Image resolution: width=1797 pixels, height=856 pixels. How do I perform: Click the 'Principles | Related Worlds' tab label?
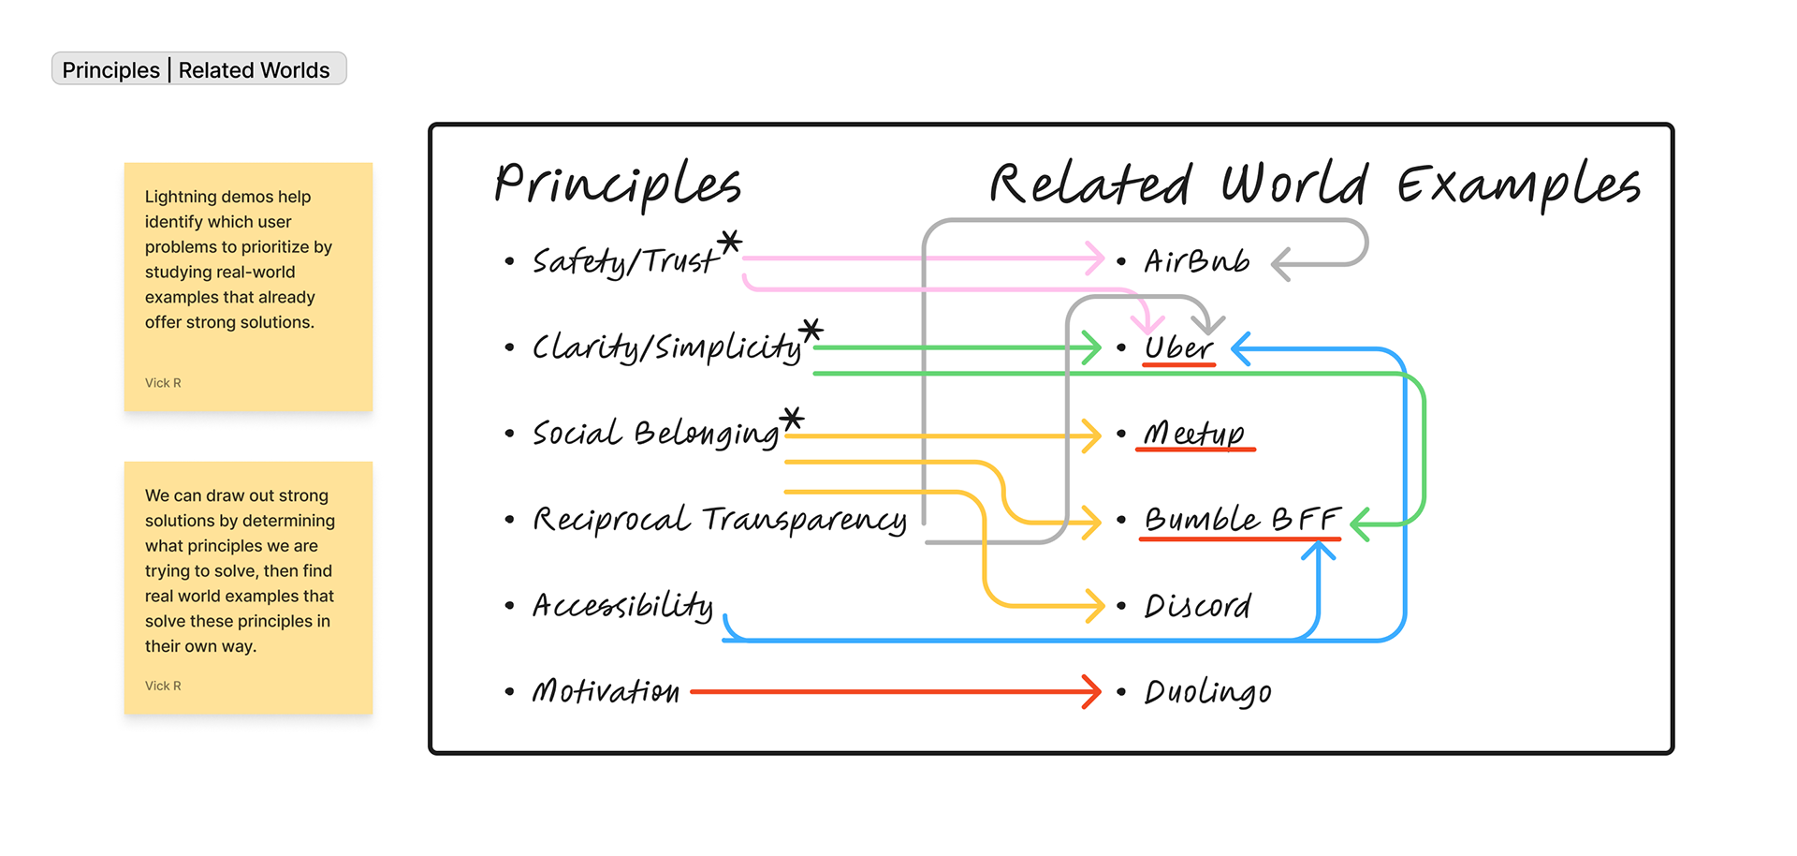pyautogui.click(x=198, y=69)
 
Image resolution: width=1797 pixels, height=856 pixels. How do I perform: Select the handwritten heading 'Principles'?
pyautogui.click(x=618, y=183)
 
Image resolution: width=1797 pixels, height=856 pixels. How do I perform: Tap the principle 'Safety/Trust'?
pyautogui.click(x=625, y=260)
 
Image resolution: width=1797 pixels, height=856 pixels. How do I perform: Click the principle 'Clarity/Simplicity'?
pyautogui.click(x=667, y=347)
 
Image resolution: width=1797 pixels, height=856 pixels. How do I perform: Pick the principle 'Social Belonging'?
pyautogui.click(x=655, y=434)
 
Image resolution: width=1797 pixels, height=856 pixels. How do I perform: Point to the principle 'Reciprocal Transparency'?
pyautogui.click(x=719, y=520)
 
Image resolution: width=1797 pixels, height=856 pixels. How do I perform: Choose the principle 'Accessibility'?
pyautogui.click(x=622, y=606)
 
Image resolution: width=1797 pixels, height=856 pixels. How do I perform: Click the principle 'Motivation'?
pyautogui.click(x=606, y=692)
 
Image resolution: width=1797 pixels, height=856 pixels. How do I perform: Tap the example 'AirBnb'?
pyautogui.click(x=1196, y=261)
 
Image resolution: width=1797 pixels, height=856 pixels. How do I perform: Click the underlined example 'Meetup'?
pyautogui.click(x=1194, y=434)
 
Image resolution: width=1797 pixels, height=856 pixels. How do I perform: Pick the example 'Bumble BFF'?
pyautogui.click(x=1241, y=520)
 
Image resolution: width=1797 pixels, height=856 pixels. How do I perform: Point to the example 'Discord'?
pyautogui.click(x=1197, y=606)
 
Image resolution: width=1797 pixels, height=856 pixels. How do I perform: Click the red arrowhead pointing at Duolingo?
pyautogui.click(x=1092, y=692)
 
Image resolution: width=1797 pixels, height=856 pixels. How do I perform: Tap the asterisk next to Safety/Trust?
pyautogui.click(x=730, y=243)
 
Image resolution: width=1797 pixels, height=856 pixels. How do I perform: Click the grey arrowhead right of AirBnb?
pyautogui.click(x=1281, y=264)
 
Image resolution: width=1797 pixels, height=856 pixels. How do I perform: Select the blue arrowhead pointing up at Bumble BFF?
pyautogui.click(x=1318, y=551)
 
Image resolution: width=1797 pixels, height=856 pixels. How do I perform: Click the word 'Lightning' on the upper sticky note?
pyautogui.click(x=179, y=197)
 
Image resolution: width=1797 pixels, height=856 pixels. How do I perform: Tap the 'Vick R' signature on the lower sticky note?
pyautogui.click(x=163, y=686)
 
